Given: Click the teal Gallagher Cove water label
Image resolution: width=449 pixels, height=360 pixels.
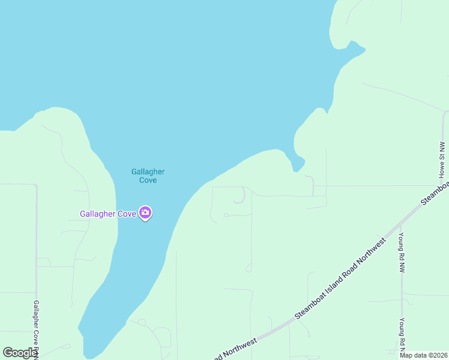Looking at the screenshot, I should tap(148, 176).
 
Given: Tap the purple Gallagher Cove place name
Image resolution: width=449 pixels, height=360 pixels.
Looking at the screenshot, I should tap(108, 214).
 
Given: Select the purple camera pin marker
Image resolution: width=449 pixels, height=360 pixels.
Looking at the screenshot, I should tap(145, 212).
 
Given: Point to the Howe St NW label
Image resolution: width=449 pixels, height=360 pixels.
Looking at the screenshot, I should tap(442, 160).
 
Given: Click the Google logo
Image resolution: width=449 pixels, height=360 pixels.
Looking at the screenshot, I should tap(19, 353).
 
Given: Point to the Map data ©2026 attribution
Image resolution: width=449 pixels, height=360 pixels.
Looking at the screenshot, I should tap(423, 355).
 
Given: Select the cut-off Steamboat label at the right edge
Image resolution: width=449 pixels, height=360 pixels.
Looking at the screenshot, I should tap(436, 192).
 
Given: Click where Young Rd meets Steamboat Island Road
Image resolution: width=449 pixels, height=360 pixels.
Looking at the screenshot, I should tap(400, 225).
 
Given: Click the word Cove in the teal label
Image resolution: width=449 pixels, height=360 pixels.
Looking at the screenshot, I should tap(148, 180).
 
